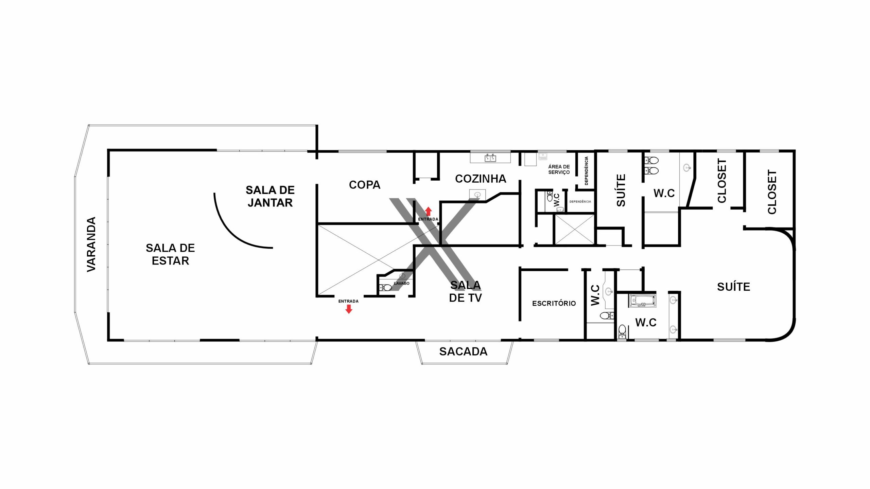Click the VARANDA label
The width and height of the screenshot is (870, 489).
[x=91, y=244]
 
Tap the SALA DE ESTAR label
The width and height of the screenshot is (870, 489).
[x=170, y=254]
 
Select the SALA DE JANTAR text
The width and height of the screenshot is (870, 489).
[x=270, y=196]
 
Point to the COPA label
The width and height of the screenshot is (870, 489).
[x=365, y=185]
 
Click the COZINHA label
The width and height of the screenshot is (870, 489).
[x=481, y=179]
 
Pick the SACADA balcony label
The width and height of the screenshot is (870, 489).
[x=463, y=351]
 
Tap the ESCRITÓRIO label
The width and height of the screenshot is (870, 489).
[x=554, y=303]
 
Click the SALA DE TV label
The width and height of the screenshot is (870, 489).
[x=466, y=291]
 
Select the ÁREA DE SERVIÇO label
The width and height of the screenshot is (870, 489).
[x=559, y=169]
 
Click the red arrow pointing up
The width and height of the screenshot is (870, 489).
[x=428, y=211]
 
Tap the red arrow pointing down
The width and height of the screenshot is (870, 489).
[x=349, y=309]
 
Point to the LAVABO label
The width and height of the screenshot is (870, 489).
[x=402, y=283]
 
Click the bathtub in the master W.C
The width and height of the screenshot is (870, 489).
[x=643, y=301]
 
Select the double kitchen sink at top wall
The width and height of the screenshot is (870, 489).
[x=490, y=158]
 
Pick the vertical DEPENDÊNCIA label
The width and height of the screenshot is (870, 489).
[x=586, y=171]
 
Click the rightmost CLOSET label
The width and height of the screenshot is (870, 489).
[x=772, y=192]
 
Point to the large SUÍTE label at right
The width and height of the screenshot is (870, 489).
[x=733, y=287]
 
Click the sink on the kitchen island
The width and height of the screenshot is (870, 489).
[x=477, y=194]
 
